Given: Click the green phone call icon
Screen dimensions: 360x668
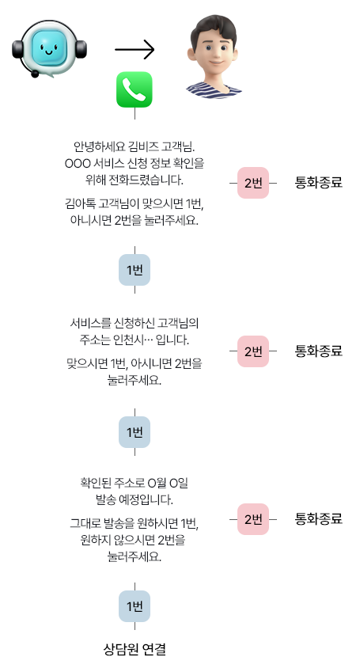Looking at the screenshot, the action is (135, 89).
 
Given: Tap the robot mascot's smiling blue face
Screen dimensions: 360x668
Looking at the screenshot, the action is (48, 47).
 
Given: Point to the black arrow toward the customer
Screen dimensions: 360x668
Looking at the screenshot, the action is (135, 49).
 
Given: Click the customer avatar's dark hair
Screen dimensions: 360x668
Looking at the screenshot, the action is (214, 29).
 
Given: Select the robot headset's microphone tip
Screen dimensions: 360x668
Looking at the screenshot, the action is (35, 74).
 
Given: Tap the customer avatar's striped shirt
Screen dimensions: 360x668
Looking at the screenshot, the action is (214, 90).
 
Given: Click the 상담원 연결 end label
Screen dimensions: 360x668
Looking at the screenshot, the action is (135, 649).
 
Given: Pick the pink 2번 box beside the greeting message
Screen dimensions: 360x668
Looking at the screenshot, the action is (253, 183).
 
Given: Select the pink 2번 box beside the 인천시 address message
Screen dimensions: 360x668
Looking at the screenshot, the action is (253, 351).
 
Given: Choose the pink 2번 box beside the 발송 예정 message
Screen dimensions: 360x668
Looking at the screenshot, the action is (253, 519).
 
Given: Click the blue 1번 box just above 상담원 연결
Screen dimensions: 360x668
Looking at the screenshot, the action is (135, 606).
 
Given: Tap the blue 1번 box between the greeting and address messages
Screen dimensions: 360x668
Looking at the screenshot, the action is (135, 270).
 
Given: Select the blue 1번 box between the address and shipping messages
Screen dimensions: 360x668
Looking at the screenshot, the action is (135, 432).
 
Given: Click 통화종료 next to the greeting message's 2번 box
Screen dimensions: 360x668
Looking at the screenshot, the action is (319, 183).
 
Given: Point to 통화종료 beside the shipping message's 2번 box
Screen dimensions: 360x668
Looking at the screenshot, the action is (319, 519).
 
